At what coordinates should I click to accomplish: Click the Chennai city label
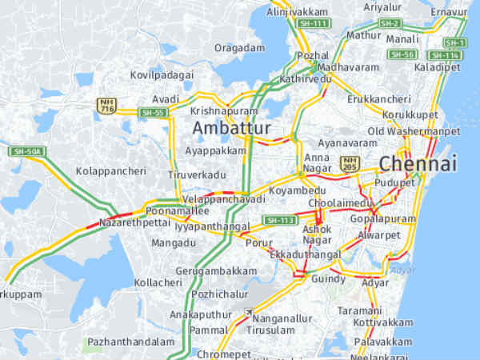point(418,164)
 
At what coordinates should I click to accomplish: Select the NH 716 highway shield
point(106,106)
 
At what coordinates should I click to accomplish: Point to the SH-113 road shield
point(280,220)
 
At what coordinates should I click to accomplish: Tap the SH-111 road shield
point(314,24)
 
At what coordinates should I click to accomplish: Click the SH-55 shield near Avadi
point(152,113)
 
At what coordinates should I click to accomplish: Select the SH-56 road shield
point(402,54)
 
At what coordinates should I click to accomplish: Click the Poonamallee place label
point(177,210)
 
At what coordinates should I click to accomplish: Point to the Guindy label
point(329,279)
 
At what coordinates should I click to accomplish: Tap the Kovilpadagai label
point(162,74)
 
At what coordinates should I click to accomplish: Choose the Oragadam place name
point(239,48)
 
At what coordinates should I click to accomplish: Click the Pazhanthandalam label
point(130,342)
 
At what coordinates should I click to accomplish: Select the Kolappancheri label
point(111,171)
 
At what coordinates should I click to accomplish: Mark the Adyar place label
point(375,283)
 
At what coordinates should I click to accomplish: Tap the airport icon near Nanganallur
point(249,313)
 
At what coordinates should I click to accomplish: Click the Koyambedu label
point(298,190)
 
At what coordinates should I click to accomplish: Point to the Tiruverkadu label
point(198,174)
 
